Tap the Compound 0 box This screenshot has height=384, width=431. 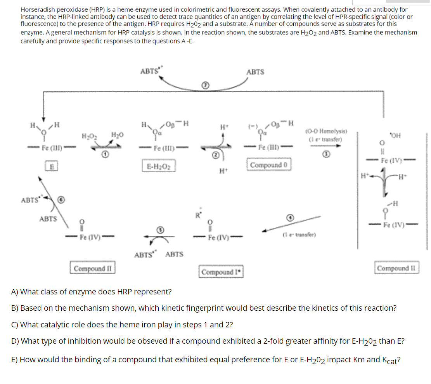pyautogui.click(x=268, y=164)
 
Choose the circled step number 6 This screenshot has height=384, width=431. pyautogui.click(x=61, y=201)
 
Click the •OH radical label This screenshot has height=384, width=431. pyautogui.click(x=397, y=136)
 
